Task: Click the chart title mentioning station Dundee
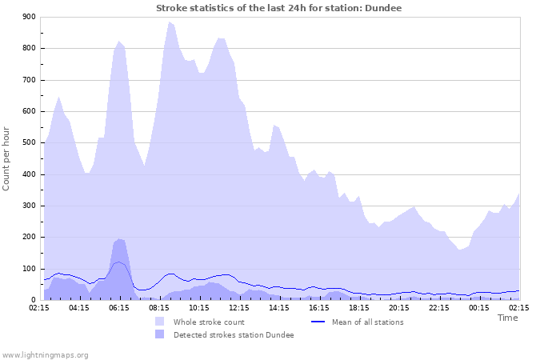coord(279,8)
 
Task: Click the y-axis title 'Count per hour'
coord(7,158)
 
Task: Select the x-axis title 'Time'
coord(507,318)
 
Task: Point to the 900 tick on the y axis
coord(29,17)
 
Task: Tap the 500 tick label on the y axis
coord(29,142)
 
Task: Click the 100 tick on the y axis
coord(29,269)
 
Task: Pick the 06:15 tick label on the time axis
coord(119,307)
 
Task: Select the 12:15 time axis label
coord(239,307)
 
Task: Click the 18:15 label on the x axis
coord(359,307)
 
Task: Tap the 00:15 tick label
coord(479,307)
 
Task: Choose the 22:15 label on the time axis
coord(439,307)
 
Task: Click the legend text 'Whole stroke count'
coord(209,322)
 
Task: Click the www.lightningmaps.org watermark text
coord(46,354)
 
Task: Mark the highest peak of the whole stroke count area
coord(169,22)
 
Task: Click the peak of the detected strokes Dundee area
coord(119,239)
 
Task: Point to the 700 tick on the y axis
coord(29,80)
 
